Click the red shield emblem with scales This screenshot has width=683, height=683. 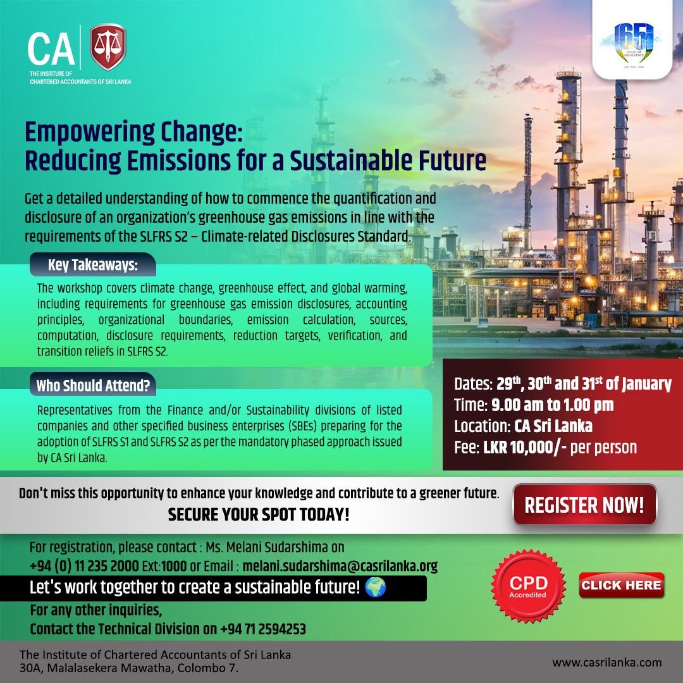point(108,47)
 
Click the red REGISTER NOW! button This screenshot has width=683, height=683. point(584,505)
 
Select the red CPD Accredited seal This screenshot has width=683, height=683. point(528,586)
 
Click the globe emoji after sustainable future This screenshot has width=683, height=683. point(376,587)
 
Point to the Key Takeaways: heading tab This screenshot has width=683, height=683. point(93,264)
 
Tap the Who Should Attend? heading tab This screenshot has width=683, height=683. point(93,385)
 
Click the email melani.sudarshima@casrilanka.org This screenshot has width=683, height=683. point(340,566)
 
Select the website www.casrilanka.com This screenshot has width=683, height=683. point(606,663)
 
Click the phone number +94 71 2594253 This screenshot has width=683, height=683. point(263,629)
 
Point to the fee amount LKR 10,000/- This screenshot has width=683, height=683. point(524,447)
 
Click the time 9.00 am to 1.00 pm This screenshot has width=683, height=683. point(552,405)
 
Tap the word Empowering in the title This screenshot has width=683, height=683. point(90,132)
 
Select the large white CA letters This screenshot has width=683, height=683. point(51,49)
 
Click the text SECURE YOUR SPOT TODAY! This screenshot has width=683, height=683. point(259,514)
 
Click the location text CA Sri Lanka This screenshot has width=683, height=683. point(553,426)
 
